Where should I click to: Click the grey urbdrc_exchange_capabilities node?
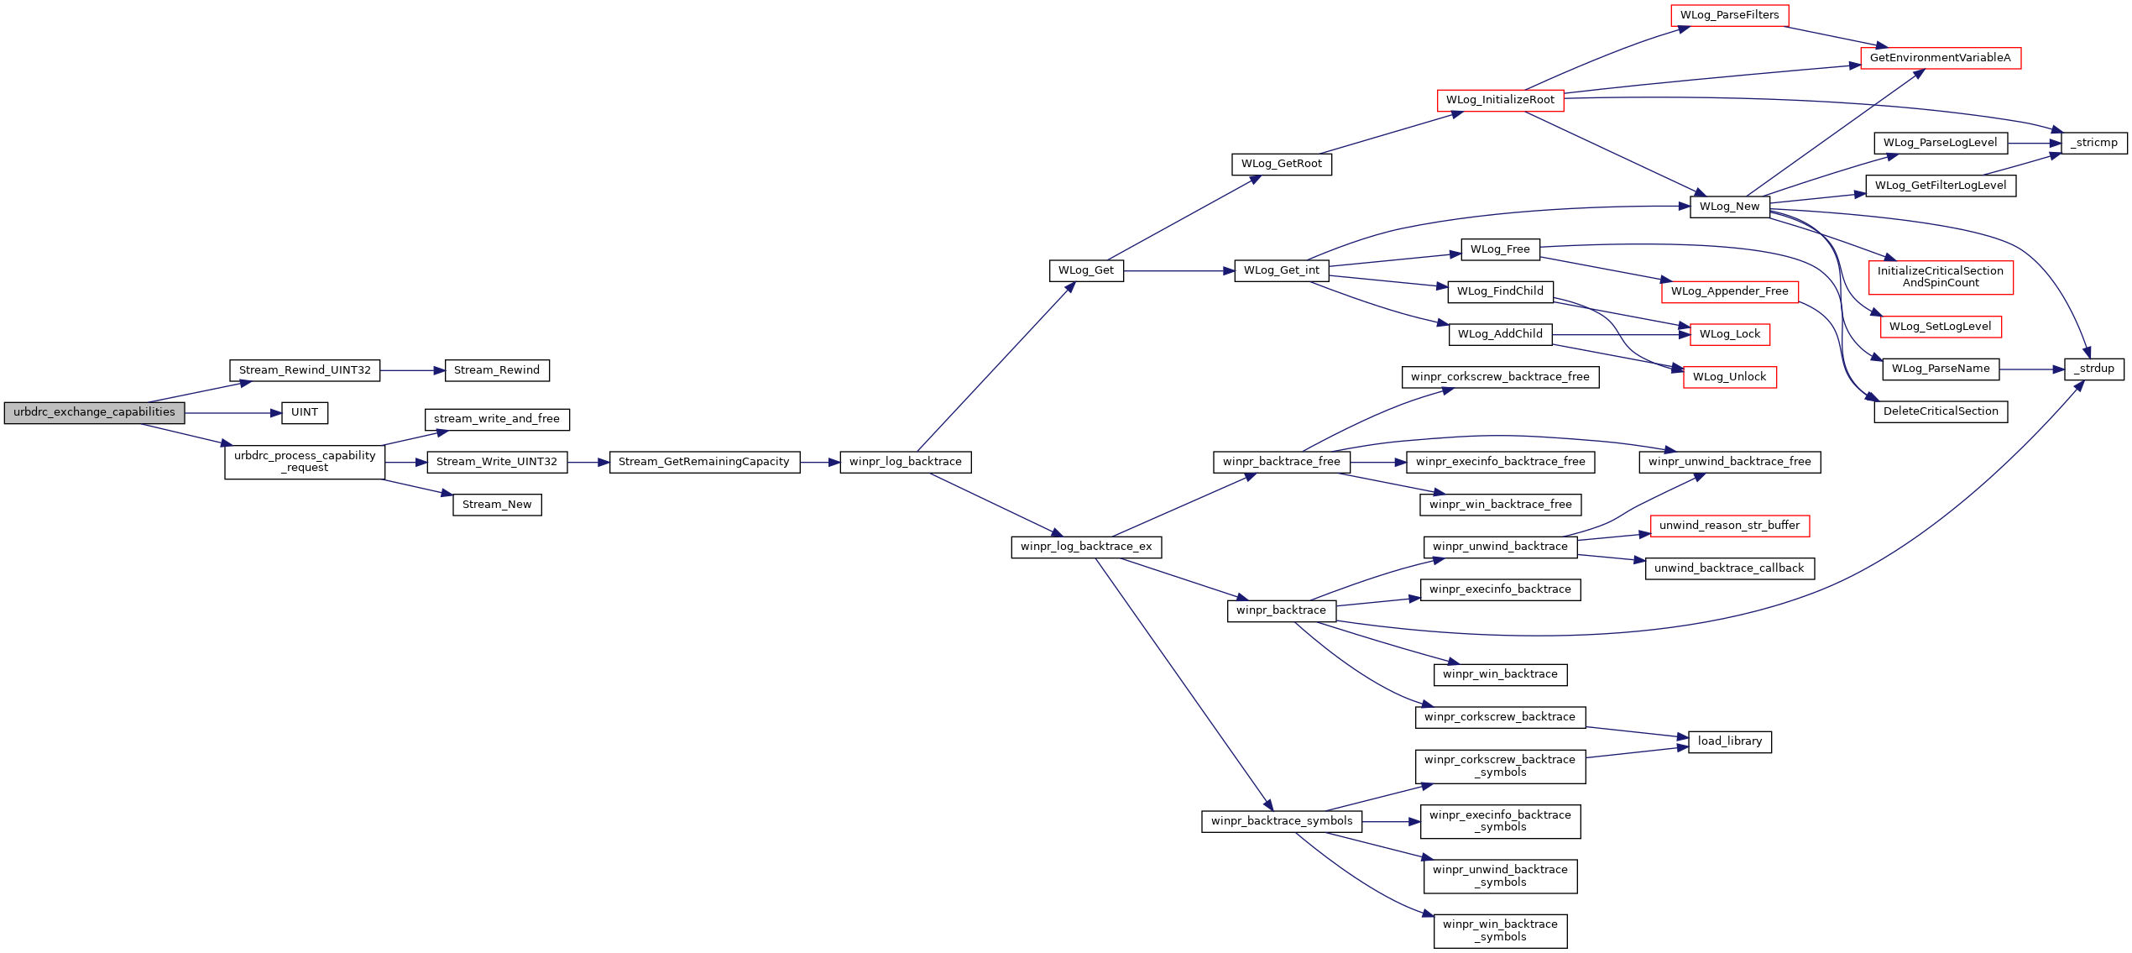coord(94,413)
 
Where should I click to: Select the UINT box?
coord(305,413)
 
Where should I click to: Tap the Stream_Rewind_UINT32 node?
coord(305,370)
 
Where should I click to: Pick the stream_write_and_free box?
coord(497,419)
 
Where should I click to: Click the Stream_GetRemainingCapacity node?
coord(704,462)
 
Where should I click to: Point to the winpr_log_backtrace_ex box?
coord(1086,547)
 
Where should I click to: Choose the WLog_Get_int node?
coord(1282,271)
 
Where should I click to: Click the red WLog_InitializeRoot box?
coord(1500,101)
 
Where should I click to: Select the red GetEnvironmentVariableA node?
coord(1941,58)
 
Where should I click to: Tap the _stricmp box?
coord(2094,143)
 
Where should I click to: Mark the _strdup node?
coord(2094,369)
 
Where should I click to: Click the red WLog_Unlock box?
coord(1730,378)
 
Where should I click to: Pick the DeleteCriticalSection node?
coord(1941,412)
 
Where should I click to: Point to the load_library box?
coord(1730,742)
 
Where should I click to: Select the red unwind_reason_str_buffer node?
coord(1730,526)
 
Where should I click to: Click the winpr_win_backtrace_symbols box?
coord(1501,931)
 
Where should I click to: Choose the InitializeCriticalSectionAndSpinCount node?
coord(1941,278)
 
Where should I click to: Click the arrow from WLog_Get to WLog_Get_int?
coord(1179,271)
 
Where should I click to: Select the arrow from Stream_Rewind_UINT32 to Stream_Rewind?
coord(412,370)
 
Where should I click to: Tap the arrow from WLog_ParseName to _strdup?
coord(2032,369)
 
